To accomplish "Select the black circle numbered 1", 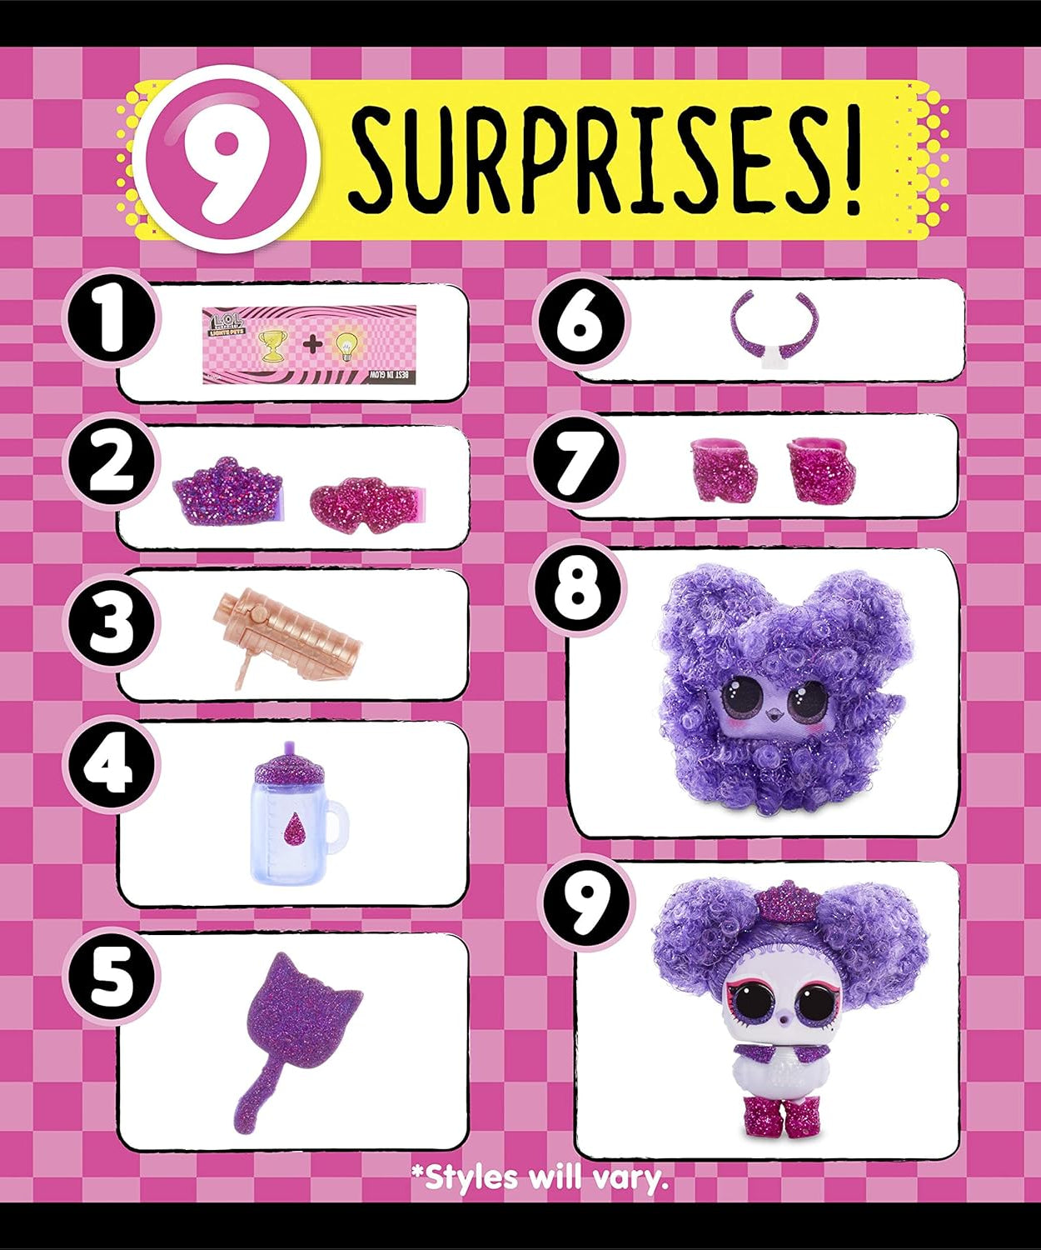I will click(109, 321).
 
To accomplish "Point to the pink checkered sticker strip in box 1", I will click(309, 345).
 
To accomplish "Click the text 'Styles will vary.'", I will click(541, 1177).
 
